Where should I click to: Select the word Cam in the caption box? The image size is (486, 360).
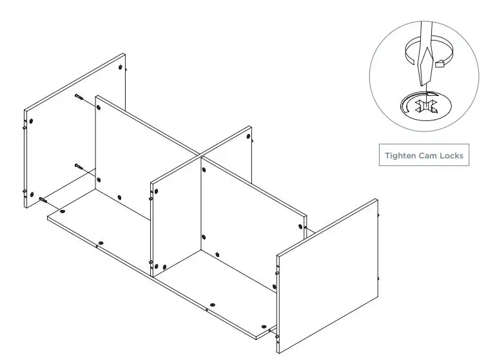[429, 156]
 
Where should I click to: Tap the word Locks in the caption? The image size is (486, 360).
[451, 156]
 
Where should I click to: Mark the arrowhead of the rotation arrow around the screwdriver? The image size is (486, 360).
[442, 63]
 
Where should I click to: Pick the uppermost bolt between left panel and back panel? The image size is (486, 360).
[79, 97]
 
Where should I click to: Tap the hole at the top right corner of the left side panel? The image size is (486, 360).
[121, 67]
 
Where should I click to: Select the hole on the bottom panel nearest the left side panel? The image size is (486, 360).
[63, 211]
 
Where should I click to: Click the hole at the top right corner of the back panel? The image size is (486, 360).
[301, 226]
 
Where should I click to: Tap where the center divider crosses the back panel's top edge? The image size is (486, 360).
[198, 155]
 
